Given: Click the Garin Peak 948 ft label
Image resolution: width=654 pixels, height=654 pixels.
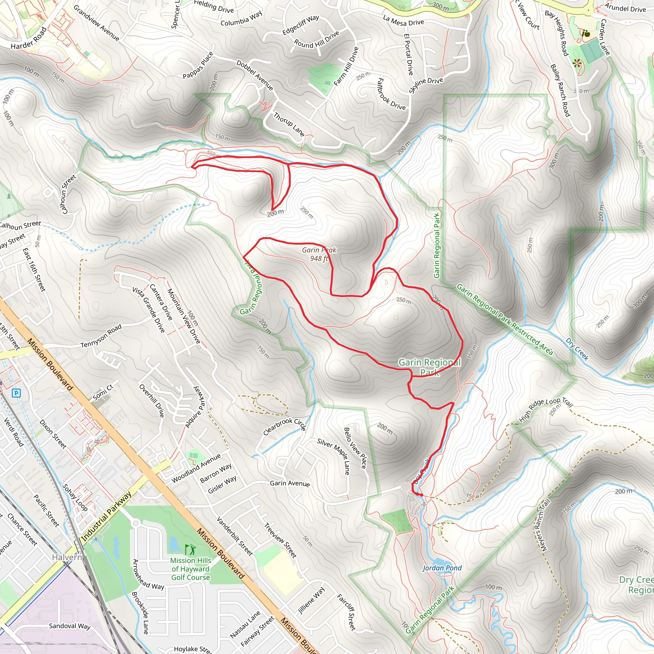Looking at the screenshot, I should [x=319, y=254].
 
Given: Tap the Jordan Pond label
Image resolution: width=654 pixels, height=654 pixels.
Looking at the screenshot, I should [x=442, y=568].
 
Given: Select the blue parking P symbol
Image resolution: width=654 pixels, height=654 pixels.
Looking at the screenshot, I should [x=16, y=393].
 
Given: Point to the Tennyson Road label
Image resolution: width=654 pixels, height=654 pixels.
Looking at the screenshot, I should [x=101, y=336].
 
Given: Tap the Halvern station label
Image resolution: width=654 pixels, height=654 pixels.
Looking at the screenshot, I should [x=67, y=557].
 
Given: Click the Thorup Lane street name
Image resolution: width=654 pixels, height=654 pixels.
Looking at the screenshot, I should [x=289, y=124].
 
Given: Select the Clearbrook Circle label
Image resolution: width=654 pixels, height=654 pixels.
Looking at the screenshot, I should [x=285, y=426].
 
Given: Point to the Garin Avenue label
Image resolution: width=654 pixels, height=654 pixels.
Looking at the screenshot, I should [x=290, y=483].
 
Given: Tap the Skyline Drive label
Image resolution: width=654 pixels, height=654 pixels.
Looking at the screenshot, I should [x=426, y=85].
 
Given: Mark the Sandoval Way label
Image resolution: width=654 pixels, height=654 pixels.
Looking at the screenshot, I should [x=70, y=626].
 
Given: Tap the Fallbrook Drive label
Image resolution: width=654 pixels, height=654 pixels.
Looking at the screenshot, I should [x=391, y=94].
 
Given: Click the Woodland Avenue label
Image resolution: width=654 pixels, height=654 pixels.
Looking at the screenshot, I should [x=196, y=468].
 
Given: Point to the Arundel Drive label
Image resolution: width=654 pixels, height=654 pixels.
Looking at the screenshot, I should [x=625, y=8].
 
